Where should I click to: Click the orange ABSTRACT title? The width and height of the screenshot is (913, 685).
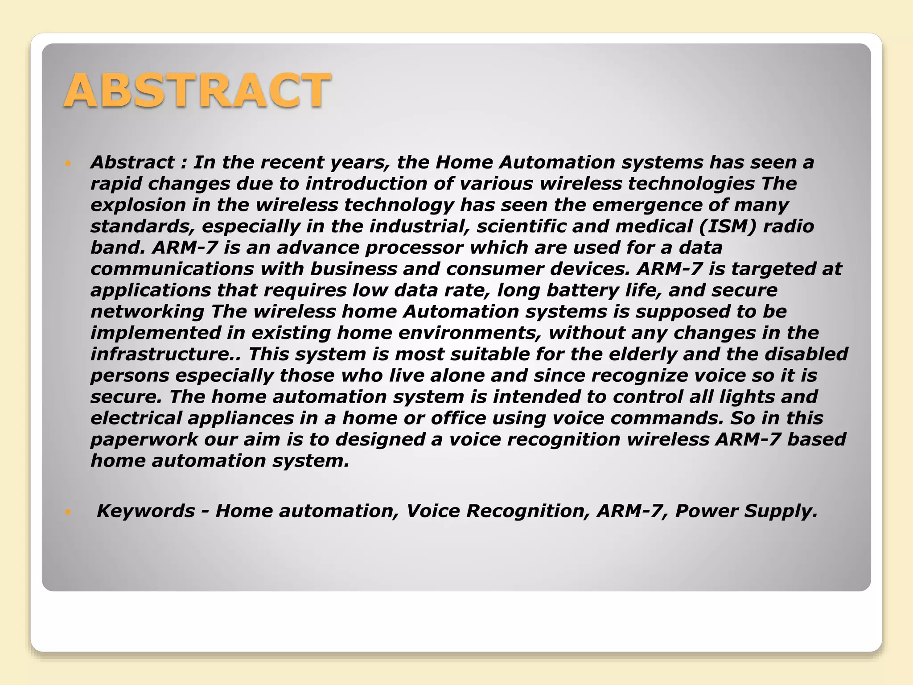click(x=197, y=91)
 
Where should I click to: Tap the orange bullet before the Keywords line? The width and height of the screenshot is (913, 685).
click(x=68, y=512)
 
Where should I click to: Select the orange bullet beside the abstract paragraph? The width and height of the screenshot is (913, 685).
click(x=68, y=164)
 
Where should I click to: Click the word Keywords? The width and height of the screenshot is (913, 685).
click(x=146, y=511)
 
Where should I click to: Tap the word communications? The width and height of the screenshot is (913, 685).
click(x=172, y=269)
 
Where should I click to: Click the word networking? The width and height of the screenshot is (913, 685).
click(x=147, y=312)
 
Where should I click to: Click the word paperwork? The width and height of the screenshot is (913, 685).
click(x=144, y=440)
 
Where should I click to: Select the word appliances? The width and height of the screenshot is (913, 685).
click(x=241, y=418)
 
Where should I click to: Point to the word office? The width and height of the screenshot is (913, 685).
click(x=458, y=418)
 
